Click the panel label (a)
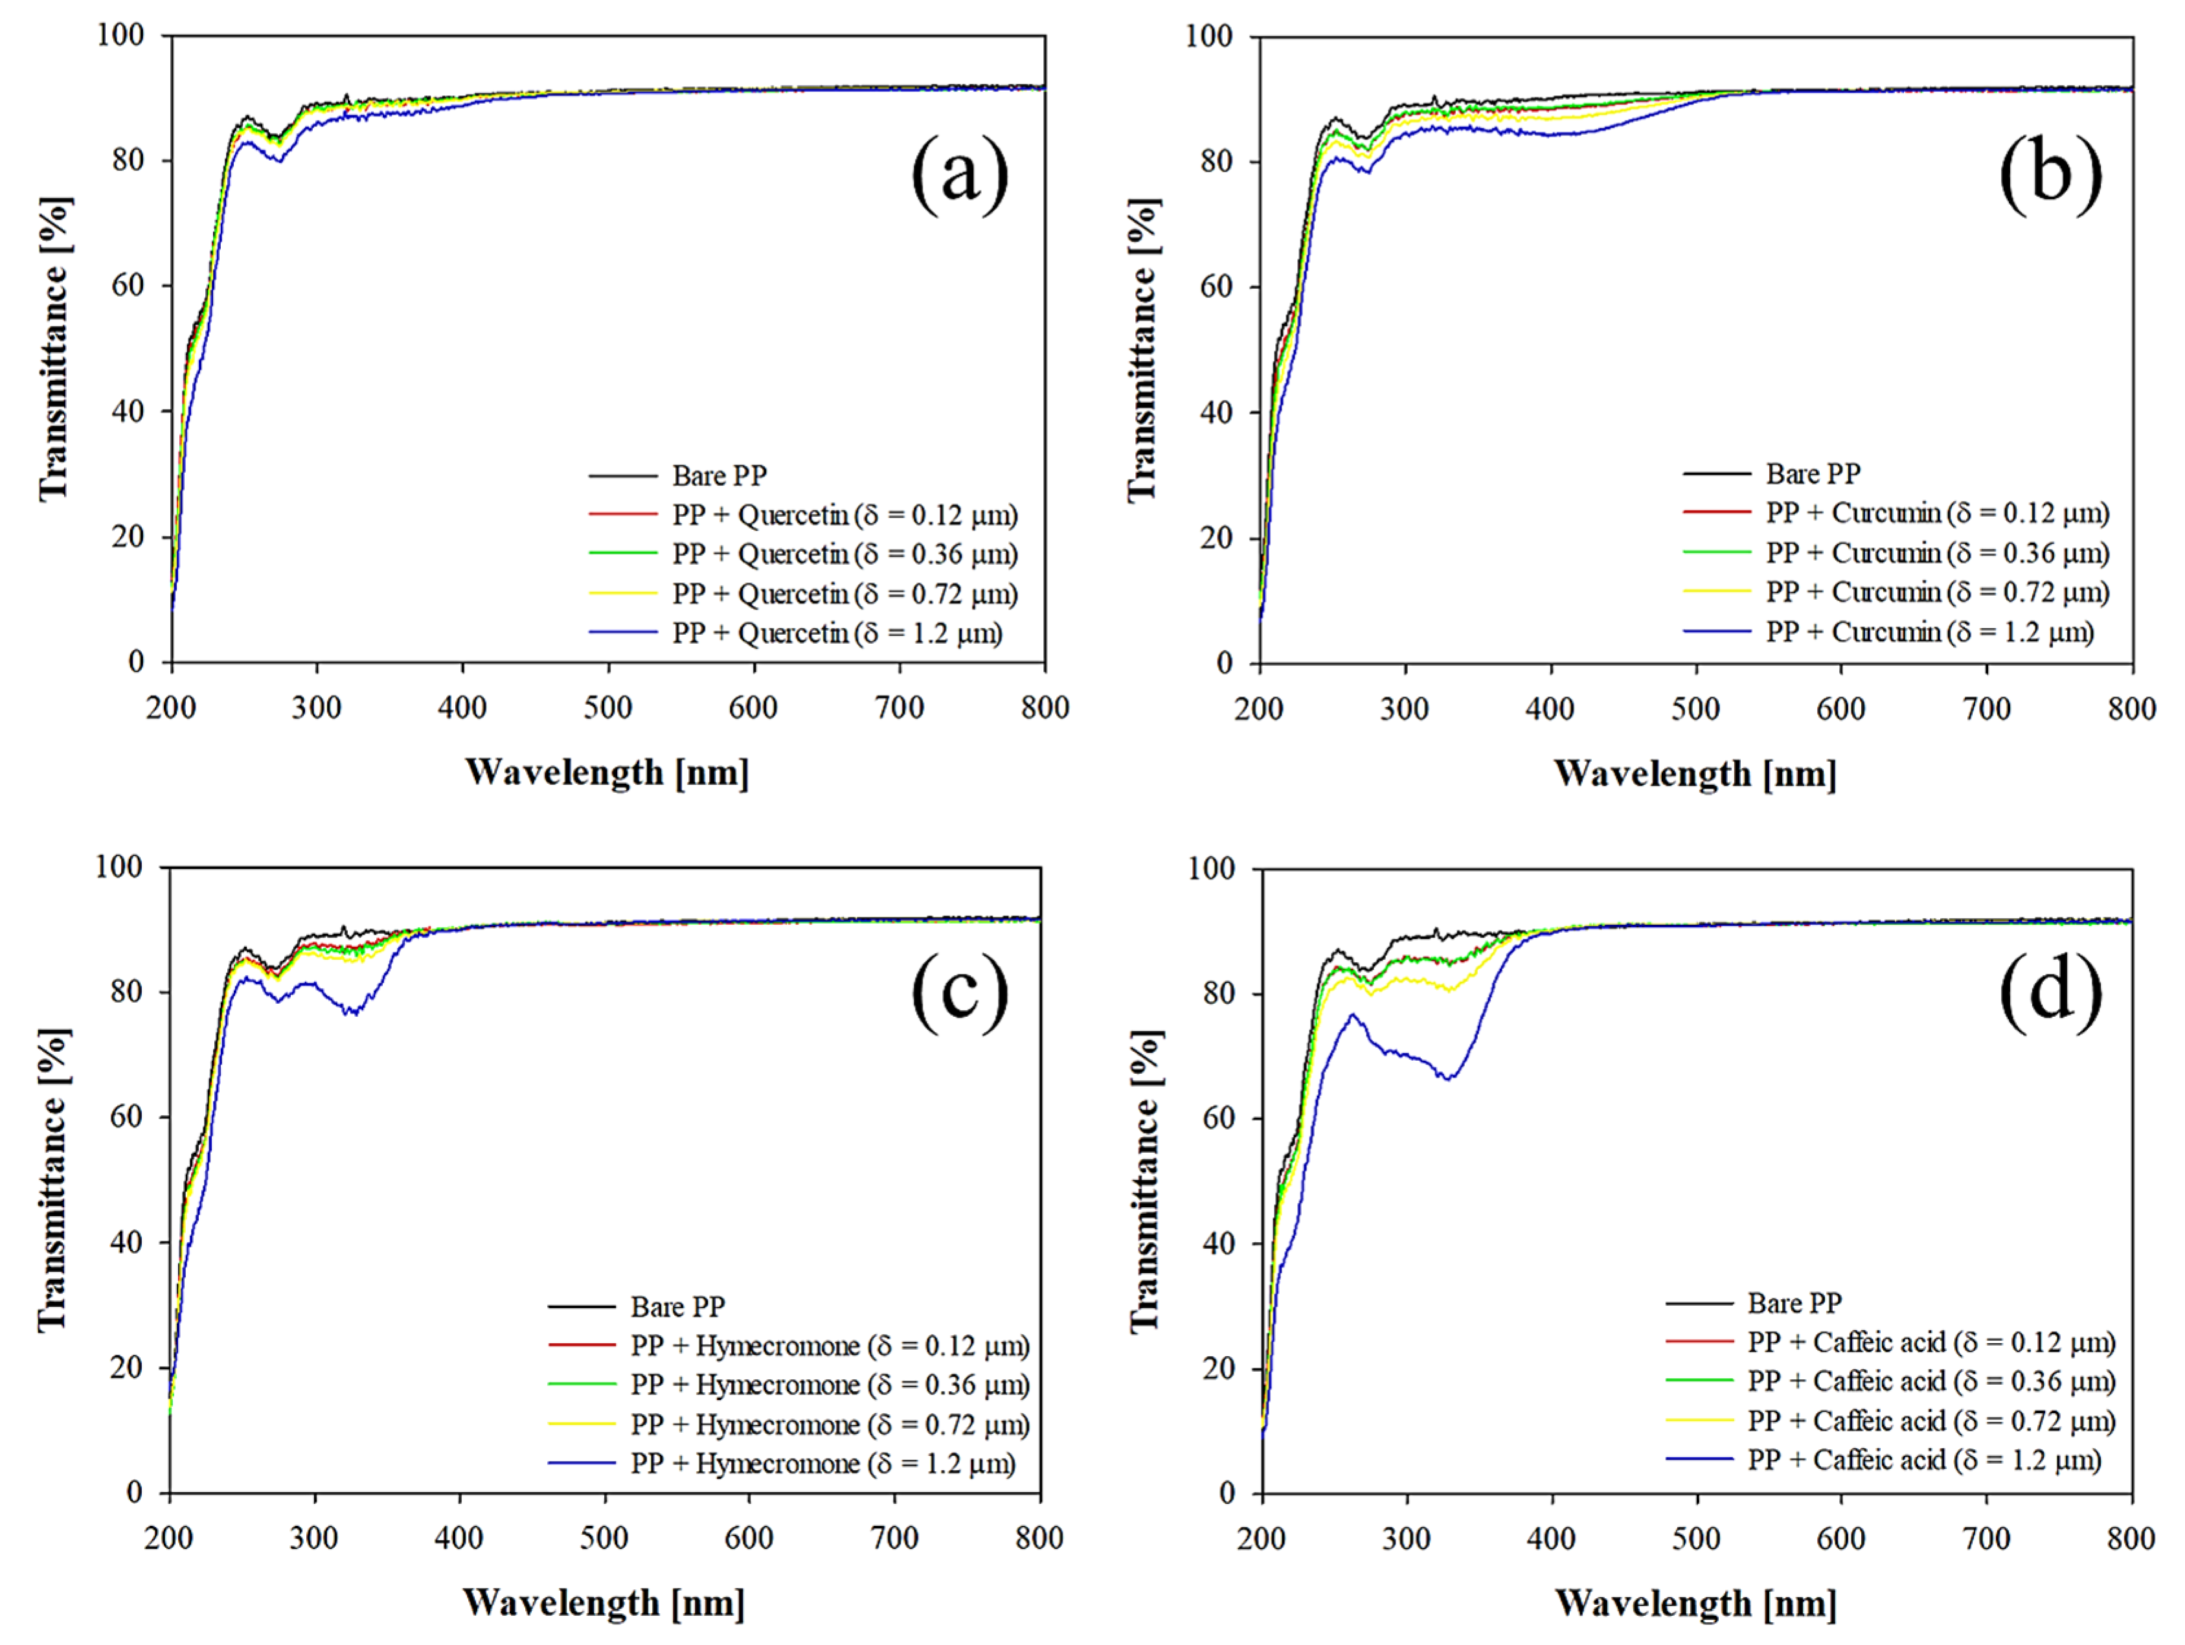(959, 174)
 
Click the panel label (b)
(2050, 174)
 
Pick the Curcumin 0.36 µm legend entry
(1936, 553)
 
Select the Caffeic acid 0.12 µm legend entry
(1931, 1343)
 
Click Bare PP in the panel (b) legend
(1813, 474)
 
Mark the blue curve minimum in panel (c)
(350, 1014)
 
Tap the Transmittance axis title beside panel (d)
(1143, 1181)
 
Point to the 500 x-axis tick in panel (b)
(1696, 709)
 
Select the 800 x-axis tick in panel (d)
(2131, 1538)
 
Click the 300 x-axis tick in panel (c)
(314, 1538)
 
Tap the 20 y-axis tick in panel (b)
(1217, 538)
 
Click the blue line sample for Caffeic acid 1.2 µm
(1699, 1459)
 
